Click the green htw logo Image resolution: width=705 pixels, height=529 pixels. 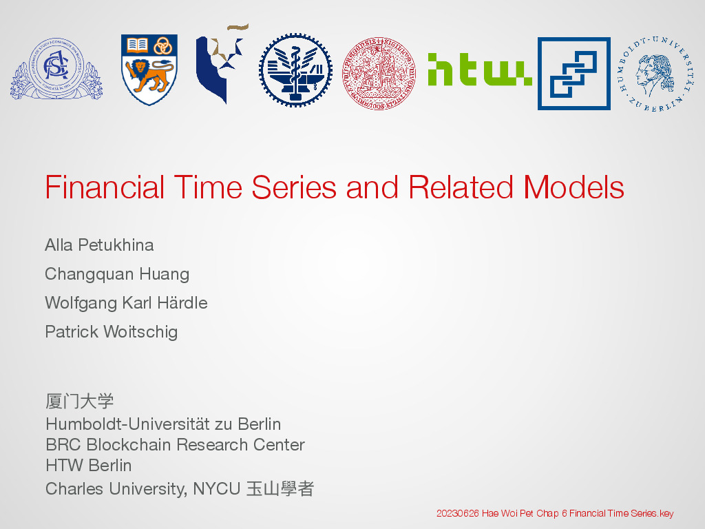click(x=479, y=70)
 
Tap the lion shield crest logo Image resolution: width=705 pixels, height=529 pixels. click(x=149, y=70)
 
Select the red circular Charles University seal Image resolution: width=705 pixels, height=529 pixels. click(x=379, y=73)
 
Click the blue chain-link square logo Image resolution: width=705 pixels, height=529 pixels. click(x=574, y=73)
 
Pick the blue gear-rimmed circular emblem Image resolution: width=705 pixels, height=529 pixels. click(x=295, y=70)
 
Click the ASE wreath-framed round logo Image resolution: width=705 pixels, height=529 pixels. click(x=56, y=69)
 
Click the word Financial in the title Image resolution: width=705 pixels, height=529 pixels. click(x=105, y=187)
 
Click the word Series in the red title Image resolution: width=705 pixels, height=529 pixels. click(x=293, y=187)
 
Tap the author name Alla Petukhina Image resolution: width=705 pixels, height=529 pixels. click(x=99, y=245)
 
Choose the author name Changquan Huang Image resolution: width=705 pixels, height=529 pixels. click(x=117, y=274)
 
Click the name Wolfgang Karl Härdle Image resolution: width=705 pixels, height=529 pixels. click(x=127, y=303)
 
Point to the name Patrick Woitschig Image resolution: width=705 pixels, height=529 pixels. click(x=112, y=332)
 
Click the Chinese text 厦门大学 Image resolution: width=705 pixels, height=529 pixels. click(x=80, y=401)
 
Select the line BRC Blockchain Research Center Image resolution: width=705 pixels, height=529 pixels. click(x=176, y=444)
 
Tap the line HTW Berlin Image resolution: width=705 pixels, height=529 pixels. click(x=89, y=465)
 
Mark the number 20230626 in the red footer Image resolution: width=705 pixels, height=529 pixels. click(x=458, y=513)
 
